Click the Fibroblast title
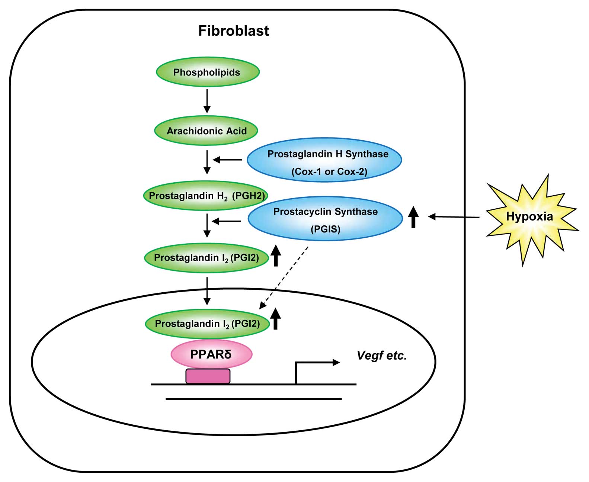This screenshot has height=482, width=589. click(233, 31)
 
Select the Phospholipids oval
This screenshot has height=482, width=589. click(207, 72)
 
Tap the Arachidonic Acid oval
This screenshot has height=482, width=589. click(206, 131)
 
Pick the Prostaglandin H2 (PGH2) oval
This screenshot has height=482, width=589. click(206, 196)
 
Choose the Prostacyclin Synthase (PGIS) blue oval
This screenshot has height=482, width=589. click(325, 219)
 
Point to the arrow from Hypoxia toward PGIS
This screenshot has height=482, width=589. click(454, 217)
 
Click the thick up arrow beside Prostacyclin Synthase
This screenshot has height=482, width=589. click(413, 217)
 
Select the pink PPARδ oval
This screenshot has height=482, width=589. click(211, 354)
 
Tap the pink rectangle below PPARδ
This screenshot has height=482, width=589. click(208, 376)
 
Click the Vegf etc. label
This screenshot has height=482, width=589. click(382, 356)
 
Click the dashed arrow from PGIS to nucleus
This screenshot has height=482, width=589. click(284, 277)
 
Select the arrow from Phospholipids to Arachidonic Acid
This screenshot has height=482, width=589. click(207, 101)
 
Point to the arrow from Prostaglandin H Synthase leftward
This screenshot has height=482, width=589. click(227, 160)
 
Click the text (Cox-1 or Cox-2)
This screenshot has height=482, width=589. click(329, 171)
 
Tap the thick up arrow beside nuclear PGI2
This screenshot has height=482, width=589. click(275, 319)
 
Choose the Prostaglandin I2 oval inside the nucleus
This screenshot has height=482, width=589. click(207, 324)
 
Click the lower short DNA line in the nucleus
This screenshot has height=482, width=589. click(253, 399)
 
